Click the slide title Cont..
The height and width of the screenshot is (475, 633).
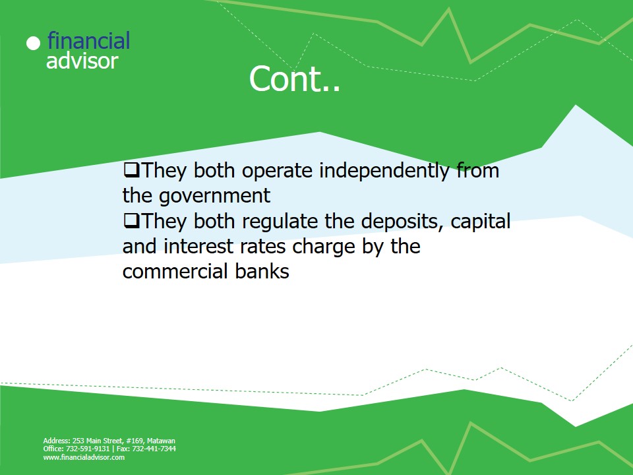click(x=295, y=79)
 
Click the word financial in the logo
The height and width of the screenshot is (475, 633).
click(x=88, y=40)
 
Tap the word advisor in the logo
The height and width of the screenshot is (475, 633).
click(x=82, y=61)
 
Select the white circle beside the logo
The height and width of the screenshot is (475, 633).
click(x=33, y=44)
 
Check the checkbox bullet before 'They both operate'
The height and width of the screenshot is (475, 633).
click(x=131, y=170)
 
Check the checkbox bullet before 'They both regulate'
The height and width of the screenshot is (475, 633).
click(x=131, y=221)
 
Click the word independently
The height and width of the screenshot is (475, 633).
click(x=384, y=170)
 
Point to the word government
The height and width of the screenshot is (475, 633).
click(x=214, y=197)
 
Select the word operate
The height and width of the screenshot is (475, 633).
click(x=277, y=172)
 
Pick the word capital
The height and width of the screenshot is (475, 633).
click(x=481, y=222)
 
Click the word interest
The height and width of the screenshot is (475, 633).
click(x=198, y=246)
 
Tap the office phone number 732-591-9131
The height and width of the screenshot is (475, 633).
click(x=88, y=449)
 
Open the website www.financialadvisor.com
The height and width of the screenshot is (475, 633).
click(x=84, y=457)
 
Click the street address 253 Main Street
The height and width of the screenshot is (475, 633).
click(x=98, y=441)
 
